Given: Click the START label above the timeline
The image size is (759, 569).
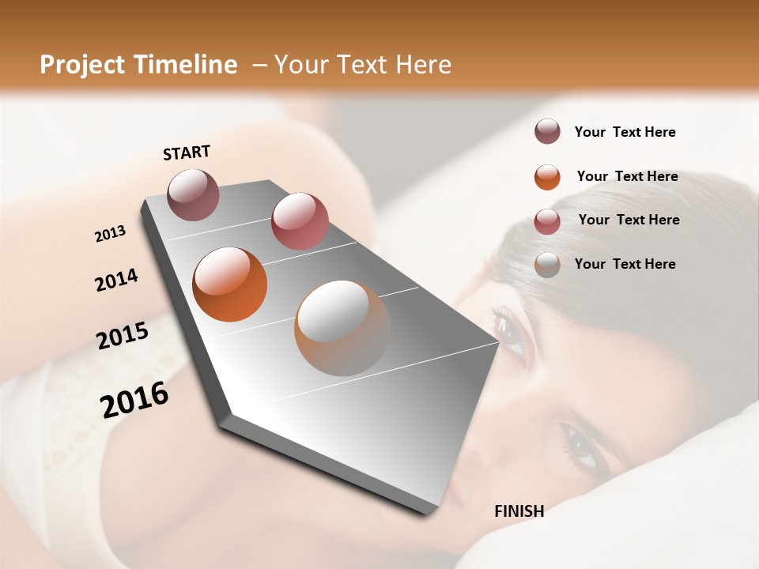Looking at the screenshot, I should point(187,153).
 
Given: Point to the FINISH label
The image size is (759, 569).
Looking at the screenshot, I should point(519,511).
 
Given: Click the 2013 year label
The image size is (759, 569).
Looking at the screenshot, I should point(111,234).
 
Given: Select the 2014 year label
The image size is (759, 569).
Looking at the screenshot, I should point(117,280).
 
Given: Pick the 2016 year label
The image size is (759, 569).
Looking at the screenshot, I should point(134,399).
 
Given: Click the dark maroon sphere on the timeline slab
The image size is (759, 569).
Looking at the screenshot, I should point(193,194).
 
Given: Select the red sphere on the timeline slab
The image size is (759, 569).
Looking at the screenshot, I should point(300,221).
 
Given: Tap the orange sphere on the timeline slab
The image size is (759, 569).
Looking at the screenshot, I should point(229,284).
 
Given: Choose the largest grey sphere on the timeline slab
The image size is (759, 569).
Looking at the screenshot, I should point(342,328).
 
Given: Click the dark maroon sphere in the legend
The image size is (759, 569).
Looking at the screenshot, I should point(547,132).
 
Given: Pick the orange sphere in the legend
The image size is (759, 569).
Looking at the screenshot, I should point(547,177).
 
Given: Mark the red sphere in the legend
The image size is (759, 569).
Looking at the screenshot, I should point(547,220).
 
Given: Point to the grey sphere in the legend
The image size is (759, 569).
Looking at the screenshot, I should point(547,265).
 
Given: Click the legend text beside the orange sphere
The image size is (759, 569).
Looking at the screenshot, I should point(627,176).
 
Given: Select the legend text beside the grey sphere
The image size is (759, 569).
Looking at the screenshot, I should point(625,264).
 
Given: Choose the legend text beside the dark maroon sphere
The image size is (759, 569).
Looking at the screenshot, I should point(625,132).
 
